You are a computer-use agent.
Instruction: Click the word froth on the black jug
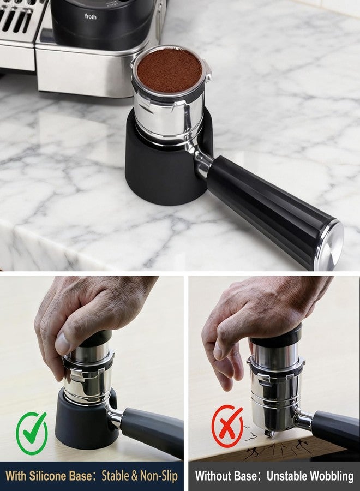[91, 16]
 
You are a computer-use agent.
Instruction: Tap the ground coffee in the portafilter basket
[169, 70]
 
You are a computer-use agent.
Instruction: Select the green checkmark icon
[32, 433]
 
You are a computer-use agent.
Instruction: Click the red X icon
[227, 426]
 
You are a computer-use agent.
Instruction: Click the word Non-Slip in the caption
[159, 476]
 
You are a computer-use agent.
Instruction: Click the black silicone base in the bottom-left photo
[85, 423]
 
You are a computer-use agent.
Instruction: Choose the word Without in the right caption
[226, 476]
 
